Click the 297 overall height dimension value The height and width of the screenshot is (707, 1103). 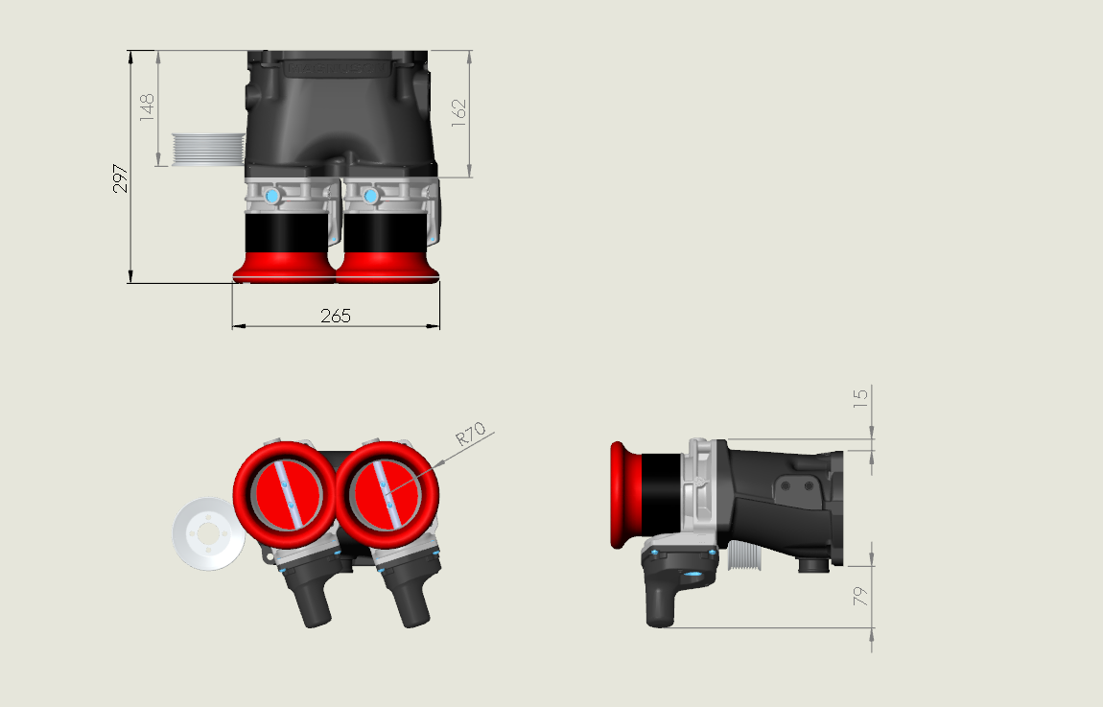tap(121, 179)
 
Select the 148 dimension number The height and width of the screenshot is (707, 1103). tap(147, 106)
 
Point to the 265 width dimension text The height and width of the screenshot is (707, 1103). tap(336, 316)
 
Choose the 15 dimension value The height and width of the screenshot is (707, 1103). tap(860, 395)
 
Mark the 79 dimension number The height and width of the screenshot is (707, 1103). tap(860, 596)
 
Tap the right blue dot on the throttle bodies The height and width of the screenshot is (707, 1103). tap(371, 197)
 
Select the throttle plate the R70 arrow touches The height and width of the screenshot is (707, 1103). tap(387, 494)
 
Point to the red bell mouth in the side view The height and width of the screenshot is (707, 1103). tap(624, 495)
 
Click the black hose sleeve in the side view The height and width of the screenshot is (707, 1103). tap(661, 495)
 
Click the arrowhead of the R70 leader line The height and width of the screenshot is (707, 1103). tap(435, 466)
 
